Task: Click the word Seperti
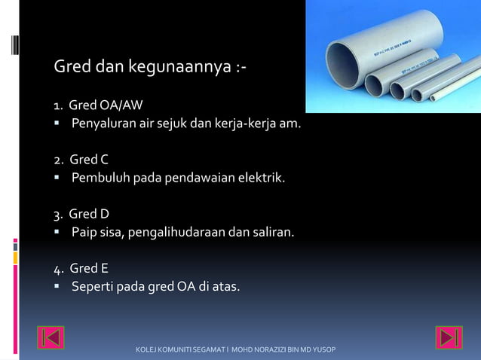click(93, 286)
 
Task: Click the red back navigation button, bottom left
click(51, 337)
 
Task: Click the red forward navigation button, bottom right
click(449, 337)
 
